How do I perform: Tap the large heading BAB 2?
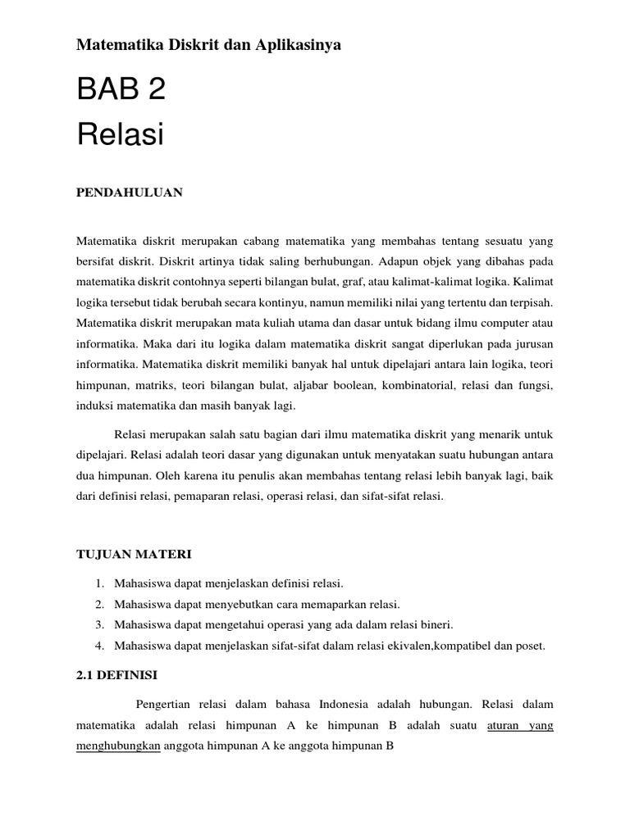coord(121,89)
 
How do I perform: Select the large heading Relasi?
coord(120,134)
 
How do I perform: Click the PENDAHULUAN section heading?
coord(130,193)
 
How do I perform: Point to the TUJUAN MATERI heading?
coord(134,555)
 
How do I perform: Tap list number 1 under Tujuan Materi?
coord(98,583)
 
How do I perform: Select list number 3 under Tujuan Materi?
coord(98,625)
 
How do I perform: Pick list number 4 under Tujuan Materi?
coord(98,646)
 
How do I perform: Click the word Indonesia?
coord(344,705)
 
